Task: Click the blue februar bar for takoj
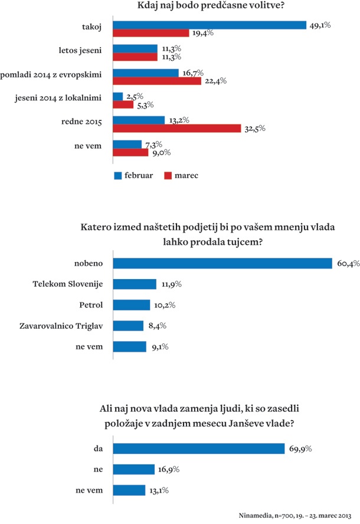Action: (210, 25)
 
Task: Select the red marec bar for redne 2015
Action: (176, 128)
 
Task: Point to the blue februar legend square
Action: (117, 175)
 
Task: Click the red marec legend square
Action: (166, 175)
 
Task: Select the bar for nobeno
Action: (222, 263)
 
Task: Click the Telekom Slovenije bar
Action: (135, 284)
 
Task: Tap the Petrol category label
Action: (90, 305)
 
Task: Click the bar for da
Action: (199, 449)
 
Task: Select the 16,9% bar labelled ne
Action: (133, 469)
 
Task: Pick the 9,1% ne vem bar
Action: (129, 346)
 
